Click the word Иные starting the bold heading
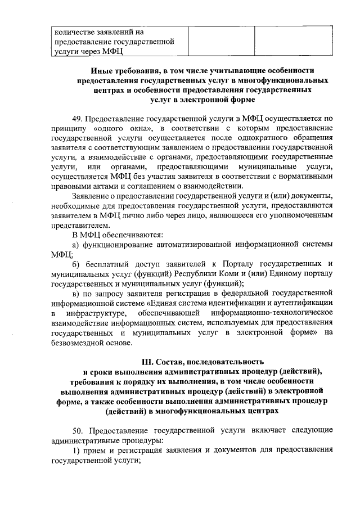tap(101, 70)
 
